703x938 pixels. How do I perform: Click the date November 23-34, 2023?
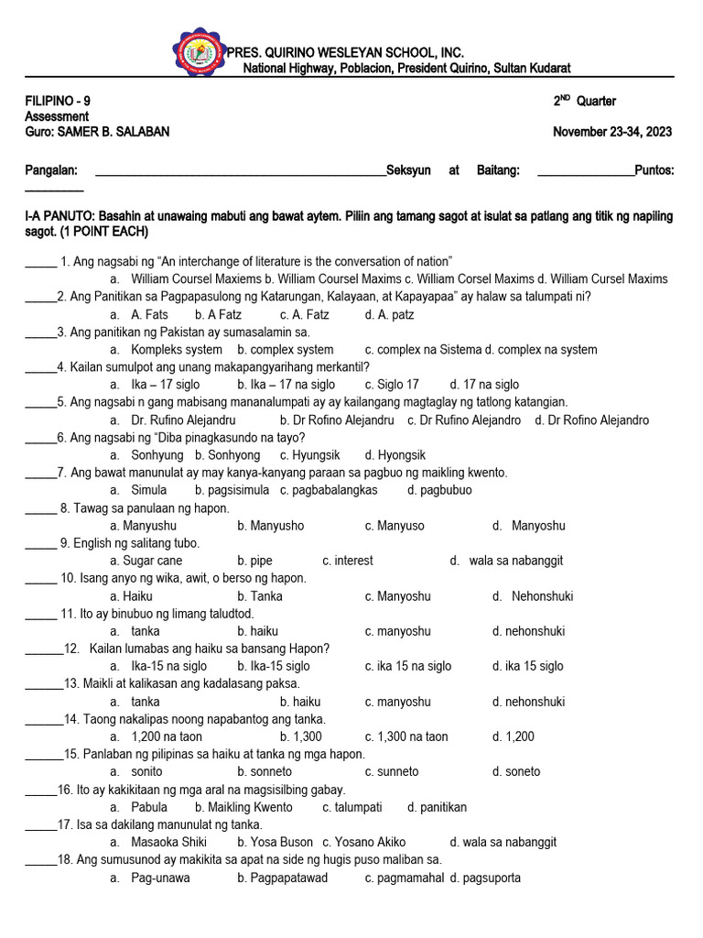612,132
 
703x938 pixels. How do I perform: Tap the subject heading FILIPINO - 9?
58,101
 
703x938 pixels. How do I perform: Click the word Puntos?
654,170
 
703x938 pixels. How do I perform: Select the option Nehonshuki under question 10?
542,596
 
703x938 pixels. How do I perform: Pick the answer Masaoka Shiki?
168,842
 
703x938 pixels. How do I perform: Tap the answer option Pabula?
149,807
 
